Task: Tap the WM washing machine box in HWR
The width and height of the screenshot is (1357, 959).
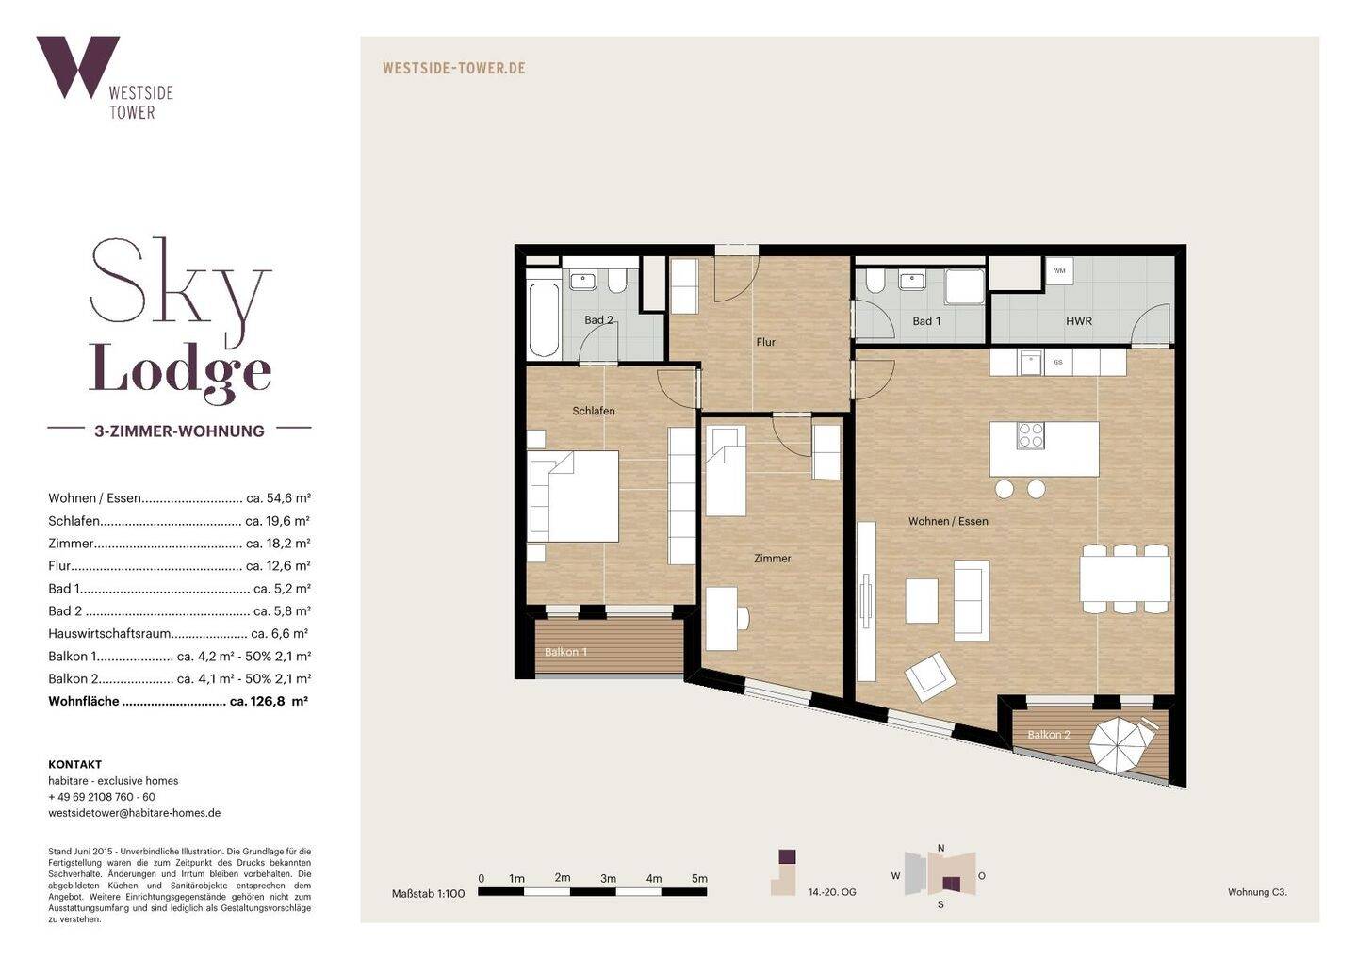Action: pos(1059,270)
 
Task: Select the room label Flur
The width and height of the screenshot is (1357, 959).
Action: pos(766,342)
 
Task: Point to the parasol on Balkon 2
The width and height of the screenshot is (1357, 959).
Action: pos(1122,745)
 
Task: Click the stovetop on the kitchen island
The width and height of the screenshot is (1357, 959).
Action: pos(1031,435)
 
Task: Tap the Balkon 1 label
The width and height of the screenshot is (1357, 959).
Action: pos(565,652)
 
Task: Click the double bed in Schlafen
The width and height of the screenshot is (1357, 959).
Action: pos(573,496)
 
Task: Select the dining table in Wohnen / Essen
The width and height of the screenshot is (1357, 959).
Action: pos(1125,578)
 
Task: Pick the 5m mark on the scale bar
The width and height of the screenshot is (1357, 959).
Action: pos(699,879)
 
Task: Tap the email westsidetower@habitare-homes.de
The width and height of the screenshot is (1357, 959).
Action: pos(135,813)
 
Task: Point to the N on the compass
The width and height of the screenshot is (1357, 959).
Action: pos(940,848)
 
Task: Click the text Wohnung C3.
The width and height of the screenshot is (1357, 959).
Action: pos(1257,892)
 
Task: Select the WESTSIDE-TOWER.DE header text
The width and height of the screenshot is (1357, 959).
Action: pos(454,68)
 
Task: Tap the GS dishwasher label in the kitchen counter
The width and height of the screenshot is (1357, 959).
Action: pos(1057,362)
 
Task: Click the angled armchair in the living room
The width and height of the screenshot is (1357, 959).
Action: pos(930,677)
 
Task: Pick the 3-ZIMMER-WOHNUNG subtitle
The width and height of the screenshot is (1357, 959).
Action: pos(180,431)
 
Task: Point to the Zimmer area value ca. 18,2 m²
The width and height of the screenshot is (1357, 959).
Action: pos(278,543)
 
